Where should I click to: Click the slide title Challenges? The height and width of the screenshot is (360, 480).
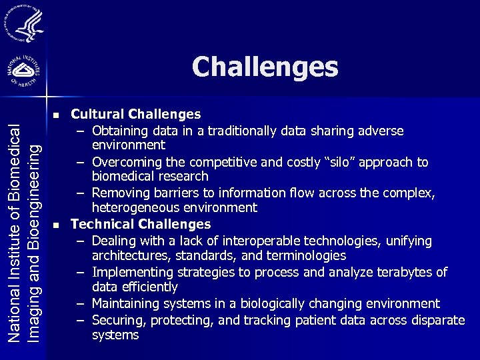pos(265,67)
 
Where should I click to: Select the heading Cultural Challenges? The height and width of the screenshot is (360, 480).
pos(136,115)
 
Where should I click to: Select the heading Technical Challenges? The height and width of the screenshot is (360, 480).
pos(141,225)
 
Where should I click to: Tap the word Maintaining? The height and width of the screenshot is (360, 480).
pos(127,304)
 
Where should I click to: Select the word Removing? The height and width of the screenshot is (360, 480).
pos(121,193)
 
